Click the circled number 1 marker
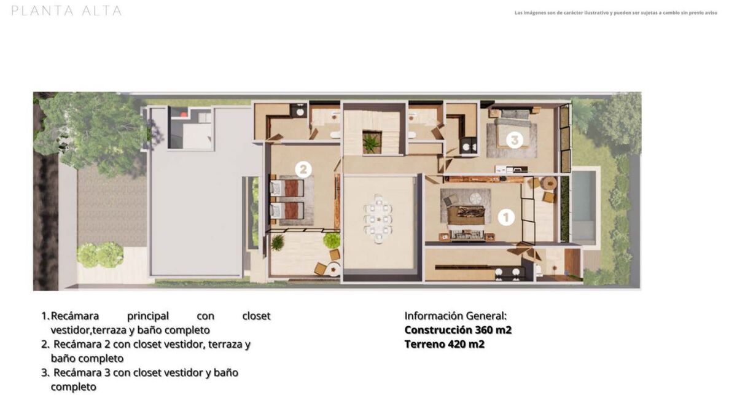pyautogui.click(x=506, y=217)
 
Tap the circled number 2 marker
pyautogui.click(x=303, y=170)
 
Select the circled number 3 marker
pyautogui.click(x=514, y=140)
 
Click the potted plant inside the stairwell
pyautogui.click(x=372, y=142)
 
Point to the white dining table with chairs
pyautogui.click(x=378, y=219)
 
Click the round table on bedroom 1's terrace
pyautogui.click(x=549, y=183)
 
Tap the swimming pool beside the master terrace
pyautogui.click(x=584, y=206)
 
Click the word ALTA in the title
pyautogui.click(x=102, y=11)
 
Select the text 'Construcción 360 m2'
pyautogui.click(x=458, y=330)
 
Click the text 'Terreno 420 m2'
pyautogui.click(x=444, y=344)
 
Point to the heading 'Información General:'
pyautogui.click(x=455, y=316)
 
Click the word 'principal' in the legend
pyautogui.click(x=148, y=316)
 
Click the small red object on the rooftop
pyautogui.click(x=183, y=114)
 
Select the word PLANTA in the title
pyautogui.click(x=42, y=11)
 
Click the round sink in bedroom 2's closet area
pyautogui.click(x=300, y=112)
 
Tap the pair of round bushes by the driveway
pyautogui.click(x=100, y=254)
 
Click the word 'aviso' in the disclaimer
pyautogui.click(x=711, y=13)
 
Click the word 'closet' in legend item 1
pyautogui.click(x=256, y=316)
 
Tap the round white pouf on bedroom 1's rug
pyautogui.click(x=475, y=198)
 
